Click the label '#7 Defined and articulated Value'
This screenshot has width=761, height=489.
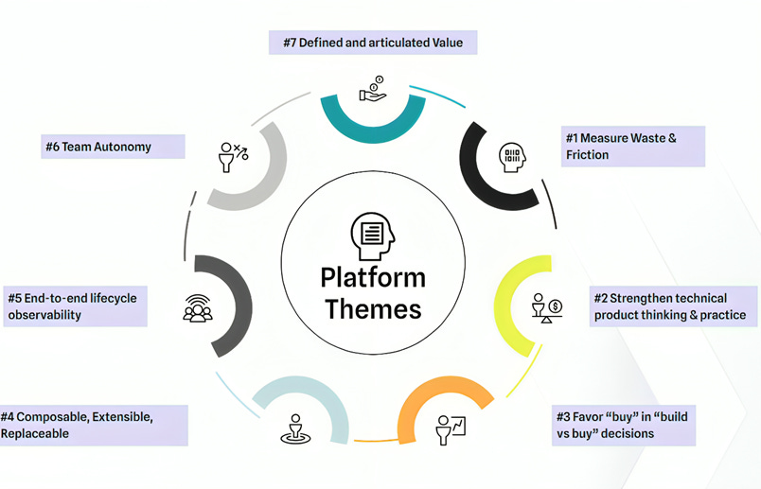373,43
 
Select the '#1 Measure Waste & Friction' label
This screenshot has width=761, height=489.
632,146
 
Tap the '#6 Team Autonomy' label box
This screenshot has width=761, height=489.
112,147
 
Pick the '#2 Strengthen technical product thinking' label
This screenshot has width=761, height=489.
675,306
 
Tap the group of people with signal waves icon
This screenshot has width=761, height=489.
197,308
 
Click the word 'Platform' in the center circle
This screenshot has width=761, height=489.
372,278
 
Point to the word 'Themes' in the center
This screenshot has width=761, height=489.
372,309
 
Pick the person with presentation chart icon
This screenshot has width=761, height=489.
451,429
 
